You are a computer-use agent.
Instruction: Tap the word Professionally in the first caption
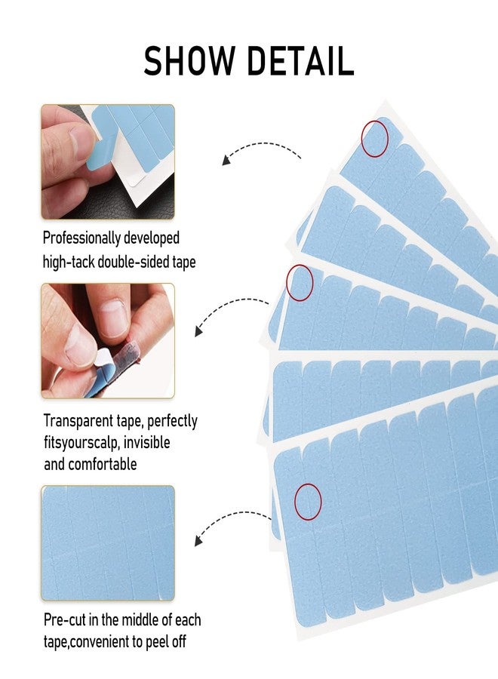81,238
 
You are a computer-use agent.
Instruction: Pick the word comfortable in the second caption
101,464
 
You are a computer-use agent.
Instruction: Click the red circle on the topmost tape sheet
374,139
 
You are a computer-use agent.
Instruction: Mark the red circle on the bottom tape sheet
308,501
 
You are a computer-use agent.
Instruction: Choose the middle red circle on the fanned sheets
300,281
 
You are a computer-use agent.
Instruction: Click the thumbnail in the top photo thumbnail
107,161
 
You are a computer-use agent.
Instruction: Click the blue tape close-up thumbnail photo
107,542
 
